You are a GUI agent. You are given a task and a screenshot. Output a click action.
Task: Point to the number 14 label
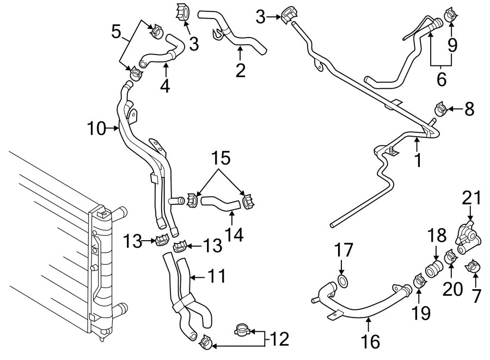tap(234, 235)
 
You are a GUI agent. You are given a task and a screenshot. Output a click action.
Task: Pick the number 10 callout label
tap(96, 129)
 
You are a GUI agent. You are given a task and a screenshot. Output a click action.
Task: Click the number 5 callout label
tap(115, 31)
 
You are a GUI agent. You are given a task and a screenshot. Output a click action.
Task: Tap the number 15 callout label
tap(220, 158)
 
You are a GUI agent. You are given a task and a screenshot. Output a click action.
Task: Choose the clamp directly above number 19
tap(420, 282)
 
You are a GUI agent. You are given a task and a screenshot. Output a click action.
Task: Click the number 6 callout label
tap(442, 79)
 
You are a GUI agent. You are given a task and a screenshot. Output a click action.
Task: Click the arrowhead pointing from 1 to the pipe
tap(417, 141)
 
